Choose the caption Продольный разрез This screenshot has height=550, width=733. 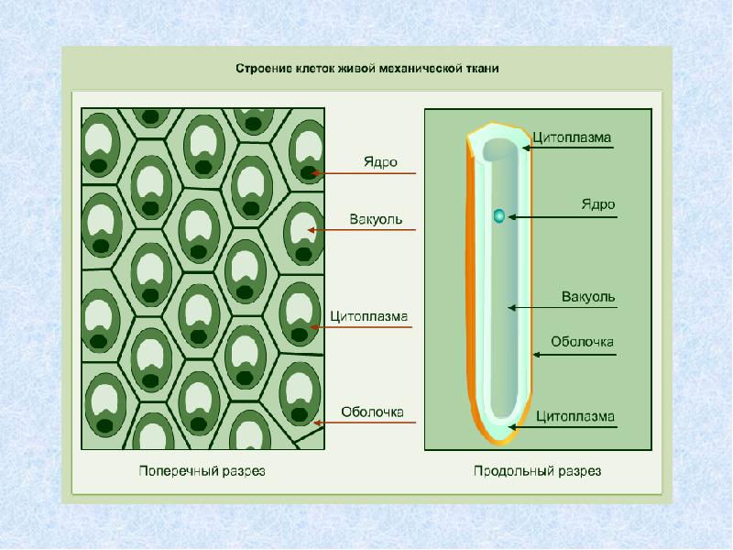[x=538, y=472]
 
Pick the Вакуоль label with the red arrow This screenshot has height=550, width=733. [x=376, y=220]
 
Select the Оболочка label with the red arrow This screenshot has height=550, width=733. [x=373, y=412]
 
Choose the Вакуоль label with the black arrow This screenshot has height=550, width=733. [x=588, y=297]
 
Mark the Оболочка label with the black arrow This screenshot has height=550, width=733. [x=582, y=342]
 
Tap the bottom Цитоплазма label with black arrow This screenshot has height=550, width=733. [x=575, y=416]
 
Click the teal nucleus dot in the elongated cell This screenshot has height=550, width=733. [x=498, y=216]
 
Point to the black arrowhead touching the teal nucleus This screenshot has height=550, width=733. [x=509, y=217]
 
